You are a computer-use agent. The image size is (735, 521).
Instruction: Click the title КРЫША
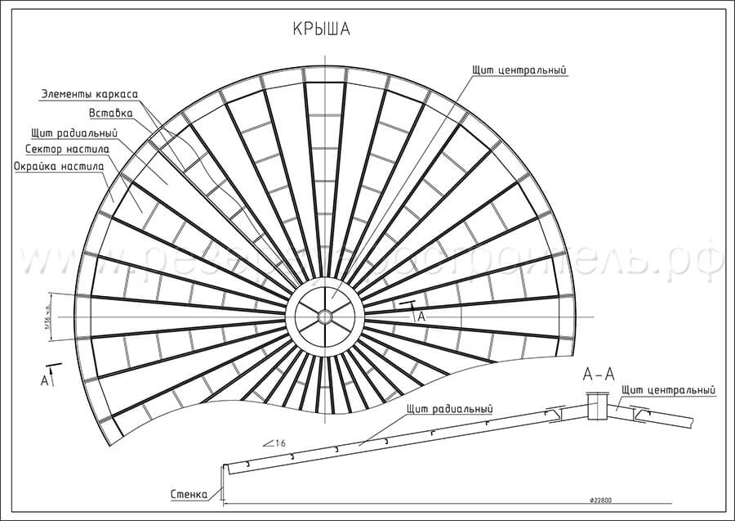point(322,30)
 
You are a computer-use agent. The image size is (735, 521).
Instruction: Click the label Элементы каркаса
point(89,93)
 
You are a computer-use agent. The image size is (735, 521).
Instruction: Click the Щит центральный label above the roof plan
point(519,70)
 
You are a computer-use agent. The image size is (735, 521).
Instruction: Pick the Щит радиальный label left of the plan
point(74,132)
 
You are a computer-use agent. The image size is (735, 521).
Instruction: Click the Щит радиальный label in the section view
point(448,408)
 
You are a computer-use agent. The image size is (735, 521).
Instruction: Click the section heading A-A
point(599,375)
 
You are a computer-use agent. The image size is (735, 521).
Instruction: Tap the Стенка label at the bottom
point(189,493)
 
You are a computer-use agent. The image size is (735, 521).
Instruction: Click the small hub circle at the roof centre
point(325,315)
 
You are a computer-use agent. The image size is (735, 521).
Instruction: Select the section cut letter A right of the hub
point(421,314)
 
